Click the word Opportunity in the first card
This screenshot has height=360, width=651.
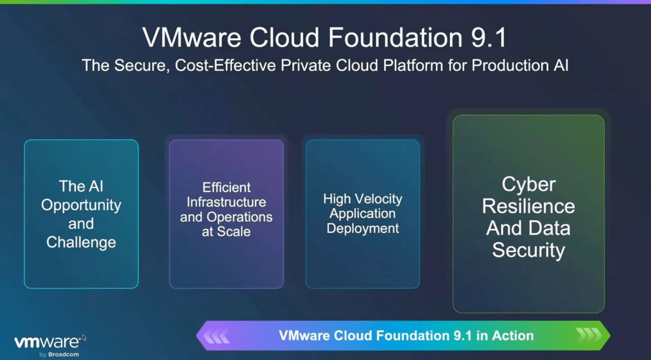click(81, 205)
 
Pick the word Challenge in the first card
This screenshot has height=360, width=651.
click(81, 242)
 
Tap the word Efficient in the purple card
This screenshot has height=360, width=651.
click(226, 187)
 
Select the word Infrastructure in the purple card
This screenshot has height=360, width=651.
click(226, 202)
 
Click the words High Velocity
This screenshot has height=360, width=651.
click(362, 199)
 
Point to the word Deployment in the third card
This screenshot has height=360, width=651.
click(362, 229)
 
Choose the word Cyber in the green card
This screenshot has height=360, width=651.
click(528, 185)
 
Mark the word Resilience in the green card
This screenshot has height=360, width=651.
click(528, 206)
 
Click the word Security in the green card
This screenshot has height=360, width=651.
click(528, 251)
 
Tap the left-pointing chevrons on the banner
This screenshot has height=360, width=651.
click(216, 335)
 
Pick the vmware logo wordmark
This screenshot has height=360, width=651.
click(47, 342)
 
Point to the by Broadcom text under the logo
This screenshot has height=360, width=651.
click(59, 355)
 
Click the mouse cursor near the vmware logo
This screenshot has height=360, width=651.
click(85, 338)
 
